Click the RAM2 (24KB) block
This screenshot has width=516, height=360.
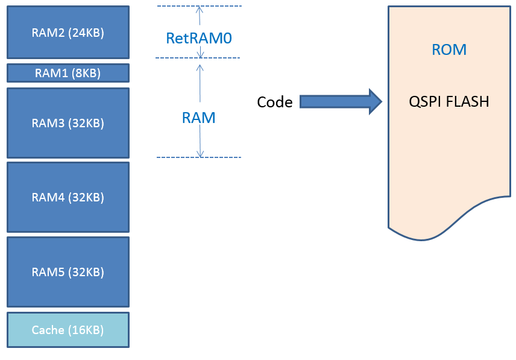coord(68,32)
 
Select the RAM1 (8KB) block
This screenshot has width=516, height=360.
coord(68,73)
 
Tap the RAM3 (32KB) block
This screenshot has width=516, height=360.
coord(68,123)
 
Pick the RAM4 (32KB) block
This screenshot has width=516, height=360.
coord(68,197)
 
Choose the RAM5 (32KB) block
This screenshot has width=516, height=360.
coord(68,272)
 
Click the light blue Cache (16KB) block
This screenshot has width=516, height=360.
coord(68,330)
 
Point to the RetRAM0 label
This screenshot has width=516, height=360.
coord(199,38)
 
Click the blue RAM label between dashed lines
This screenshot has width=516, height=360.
coord(199,118)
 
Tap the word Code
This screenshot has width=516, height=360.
coord(275,102)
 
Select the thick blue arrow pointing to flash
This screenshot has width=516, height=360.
coord(341,102)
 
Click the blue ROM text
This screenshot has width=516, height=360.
coord(449,49)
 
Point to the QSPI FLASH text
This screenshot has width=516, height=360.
coord(449,101)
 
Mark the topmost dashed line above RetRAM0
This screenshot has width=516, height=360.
coord(200,6)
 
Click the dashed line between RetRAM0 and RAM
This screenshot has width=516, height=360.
coord(198,58)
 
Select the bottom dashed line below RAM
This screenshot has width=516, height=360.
coord(199,157)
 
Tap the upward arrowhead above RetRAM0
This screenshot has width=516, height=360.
coord(200,9)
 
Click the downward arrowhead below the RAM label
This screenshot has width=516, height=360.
coord(200,153)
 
